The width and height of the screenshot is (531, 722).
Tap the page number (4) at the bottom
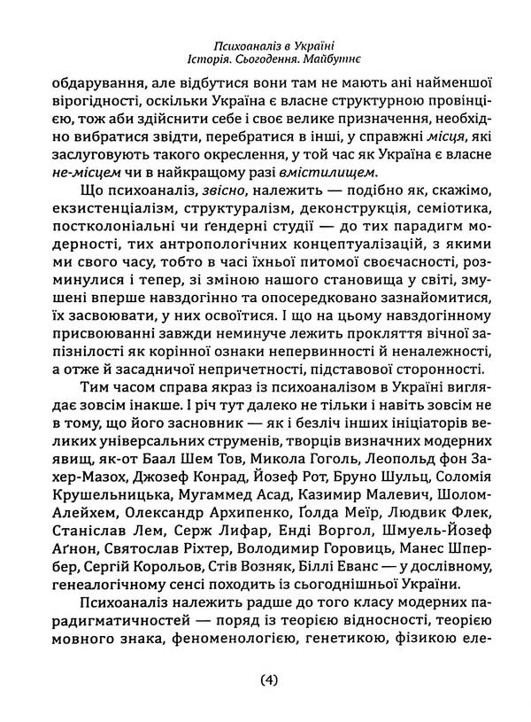pyautogui.click(x=270, y=680)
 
